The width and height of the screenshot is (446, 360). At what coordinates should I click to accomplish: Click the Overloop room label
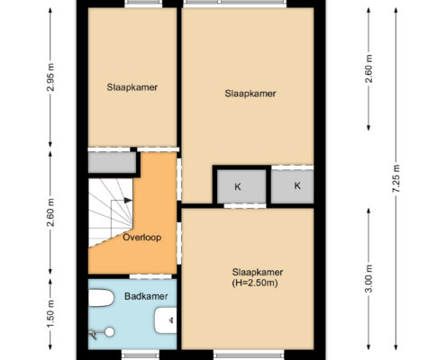pos(142,238)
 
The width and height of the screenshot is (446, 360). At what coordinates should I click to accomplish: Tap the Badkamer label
pos(146,296)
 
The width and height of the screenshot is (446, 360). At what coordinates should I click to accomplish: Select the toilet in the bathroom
pos(101,298)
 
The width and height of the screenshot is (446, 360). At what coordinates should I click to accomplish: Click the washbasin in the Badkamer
pos(166,320)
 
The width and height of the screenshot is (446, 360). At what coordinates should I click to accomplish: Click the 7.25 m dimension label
pos(396,179)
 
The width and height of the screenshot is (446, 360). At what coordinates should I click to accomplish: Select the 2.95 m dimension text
pos(50,77)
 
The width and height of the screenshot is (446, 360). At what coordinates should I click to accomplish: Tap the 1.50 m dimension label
pos(50,314)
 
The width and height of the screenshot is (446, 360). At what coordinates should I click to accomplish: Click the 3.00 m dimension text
pos(369,279)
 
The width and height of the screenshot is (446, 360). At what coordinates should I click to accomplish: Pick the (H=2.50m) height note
pos(255,283)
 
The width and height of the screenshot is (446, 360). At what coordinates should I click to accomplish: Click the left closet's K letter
pos(238,187)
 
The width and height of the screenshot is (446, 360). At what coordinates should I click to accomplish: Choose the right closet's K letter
pos(297,185)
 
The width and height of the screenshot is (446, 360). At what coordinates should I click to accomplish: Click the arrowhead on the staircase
pos(129,200)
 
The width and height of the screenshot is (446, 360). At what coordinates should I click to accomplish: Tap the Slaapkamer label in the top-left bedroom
pos(132,87)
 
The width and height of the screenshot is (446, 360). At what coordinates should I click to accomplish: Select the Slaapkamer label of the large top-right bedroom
pos(250,94)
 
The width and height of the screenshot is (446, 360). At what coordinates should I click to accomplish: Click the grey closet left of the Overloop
pos(112,162)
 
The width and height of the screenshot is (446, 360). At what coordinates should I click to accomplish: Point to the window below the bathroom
pos(141,355)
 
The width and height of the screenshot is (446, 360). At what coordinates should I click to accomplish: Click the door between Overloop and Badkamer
pos(150,276)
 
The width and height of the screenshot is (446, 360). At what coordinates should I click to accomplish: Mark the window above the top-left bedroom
pos(143,4)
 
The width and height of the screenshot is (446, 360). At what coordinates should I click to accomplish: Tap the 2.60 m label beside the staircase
pos(50,212)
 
